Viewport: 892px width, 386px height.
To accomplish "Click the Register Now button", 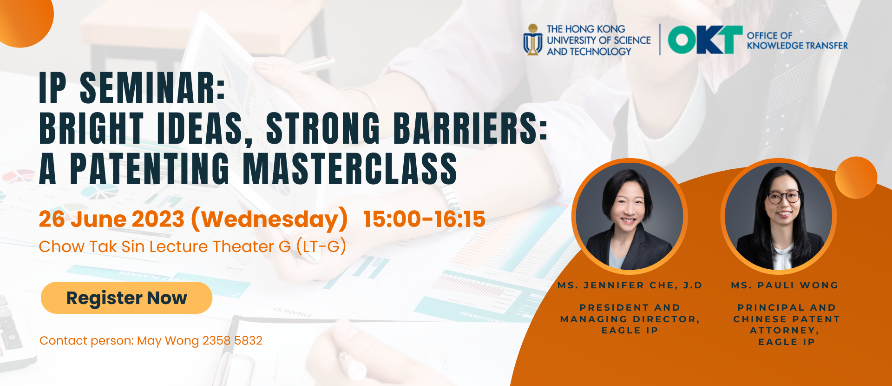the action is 126,298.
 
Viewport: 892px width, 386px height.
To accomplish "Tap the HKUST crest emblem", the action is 533,40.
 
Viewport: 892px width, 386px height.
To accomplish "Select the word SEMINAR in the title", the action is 152,88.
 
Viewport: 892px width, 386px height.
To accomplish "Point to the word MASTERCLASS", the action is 350,169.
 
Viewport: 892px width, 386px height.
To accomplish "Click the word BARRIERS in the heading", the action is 470,128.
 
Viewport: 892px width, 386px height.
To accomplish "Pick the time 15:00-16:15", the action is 424,219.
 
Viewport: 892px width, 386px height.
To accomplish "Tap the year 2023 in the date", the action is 158,219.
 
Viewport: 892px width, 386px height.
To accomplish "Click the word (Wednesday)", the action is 269,220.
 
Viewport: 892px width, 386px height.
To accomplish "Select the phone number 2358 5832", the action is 232,341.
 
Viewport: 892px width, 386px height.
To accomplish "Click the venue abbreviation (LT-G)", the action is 321,246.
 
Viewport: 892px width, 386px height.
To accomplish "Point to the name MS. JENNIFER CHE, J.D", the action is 630,285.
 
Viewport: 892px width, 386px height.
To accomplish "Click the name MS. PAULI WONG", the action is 785,285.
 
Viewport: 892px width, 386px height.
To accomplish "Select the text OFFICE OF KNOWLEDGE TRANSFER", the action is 797,40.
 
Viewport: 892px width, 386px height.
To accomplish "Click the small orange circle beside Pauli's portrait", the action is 856,178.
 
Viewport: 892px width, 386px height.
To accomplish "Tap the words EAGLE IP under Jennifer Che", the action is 630,330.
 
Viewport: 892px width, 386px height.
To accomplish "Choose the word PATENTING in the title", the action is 150,169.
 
